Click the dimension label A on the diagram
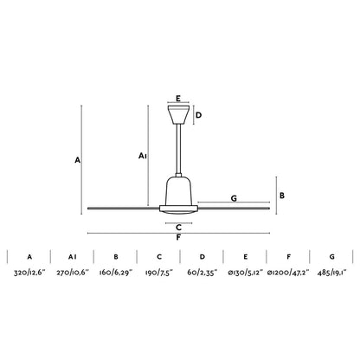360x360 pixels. coord(77,161)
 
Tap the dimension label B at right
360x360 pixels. coord(282,196)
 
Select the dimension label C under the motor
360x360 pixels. coord(178,228)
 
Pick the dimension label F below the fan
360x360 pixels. coord(178,237)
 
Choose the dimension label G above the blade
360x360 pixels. coord(234,198)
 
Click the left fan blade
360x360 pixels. coord(121,207)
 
